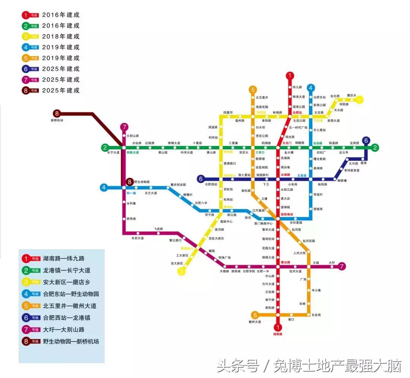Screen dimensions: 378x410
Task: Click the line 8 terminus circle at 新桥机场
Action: point(57,113)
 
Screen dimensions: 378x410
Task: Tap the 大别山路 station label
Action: point(132,136)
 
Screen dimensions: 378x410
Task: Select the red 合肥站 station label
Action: point(297,112)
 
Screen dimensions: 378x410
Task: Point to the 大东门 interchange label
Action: point(286,143)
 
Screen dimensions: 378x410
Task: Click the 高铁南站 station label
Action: point(287,215)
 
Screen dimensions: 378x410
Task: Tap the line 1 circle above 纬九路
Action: point(290,76)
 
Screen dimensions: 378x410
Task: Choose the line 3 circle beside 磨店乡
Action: point(360,100)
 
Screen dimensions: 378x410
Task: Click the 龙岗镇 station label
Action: point(354,143)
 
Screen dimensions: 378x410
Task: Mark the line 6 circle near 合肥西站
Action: point(201,179)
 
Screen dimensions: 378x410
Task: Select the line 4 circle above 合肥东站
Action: point(311,88)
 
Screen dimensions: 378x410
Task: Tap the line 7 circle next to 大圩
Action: point(342,266)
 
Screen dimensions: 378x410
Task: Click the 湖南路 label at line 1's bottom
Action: point(278,334)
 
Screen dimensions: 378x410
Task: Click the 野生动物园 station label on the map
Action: point(142,182)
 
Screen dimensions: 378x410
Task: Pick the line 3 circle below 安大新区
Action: point(182,271)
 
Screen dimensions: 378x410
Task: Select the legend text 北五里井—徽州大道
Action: point(70,306)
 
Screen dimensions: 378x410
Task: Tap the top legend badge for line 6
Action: point(30,69)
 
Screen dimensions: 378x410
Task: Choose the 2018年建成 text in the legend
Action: point(61,36)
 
